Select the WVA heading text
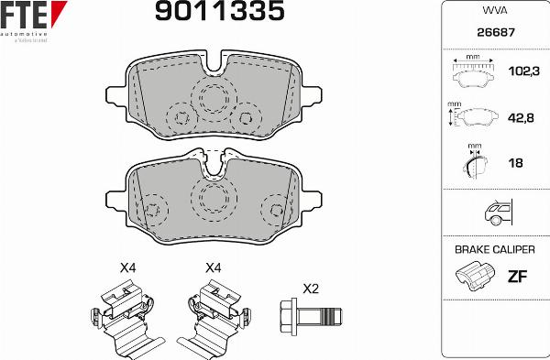tap(493, 11)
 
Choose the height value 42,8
tap(521, 116)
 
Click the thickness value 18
tap(515, 163)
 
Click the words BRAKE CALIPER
tap(493, 249)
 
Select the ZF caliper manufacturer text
tap(519, 275)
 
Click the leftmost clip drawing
tap(125, 317)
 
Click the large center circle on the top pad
tap(214, 101)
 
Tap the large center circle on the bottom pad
tap(215, 199)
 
